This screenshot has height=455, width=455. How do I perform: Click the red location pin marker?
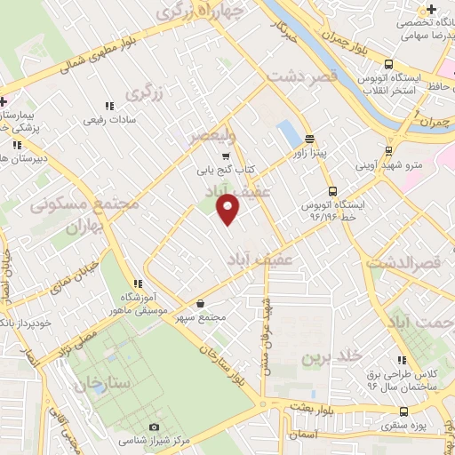[228, 210]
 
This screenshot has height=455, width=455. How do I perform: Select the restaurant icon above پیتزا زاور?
[309, 139]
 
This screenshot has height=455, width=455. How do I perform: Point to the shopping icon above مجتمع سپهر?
[200, 304]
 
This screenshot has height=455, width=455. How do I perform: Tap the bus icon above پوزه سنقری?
[405, 411]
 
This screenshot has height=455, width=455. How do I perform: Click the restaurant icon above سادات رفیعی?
[109, 106]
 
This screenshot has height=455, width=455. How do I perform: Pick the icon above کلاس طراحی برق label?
[402, 360]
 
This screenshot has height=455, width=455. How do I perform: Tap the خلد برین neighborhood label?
[331, 357]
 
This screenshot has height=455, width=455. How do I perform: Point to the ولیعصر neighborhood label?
[212, 136]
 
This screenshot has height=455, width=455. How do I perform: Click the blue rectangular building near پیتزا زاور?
[289, 134]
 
